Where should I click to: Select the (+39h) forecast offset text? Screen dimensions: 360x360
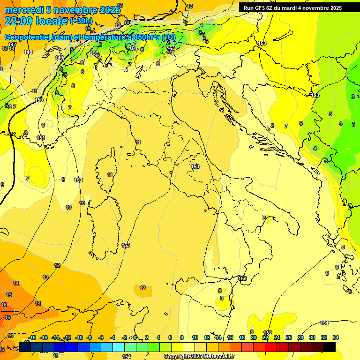(x=82, y=21)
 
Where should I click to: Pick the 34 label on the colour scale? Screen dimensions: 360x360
(x=335, y=337)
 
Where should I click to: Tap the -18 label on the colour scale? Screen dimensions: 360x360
(x=32, y=337)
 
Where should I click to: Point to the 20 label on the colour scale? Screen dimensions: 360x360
(x=253, y=337)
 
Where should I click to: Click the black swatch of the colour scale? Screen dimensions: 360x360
(x=330, y=347)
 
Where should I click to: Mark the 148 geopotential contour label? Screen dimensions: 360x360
(x=28, y=52)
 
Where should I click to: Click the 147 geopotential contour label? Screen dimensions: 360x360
(x=12, y=45)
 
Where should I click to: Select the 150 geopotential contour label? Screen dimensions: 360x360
(x=39, y=100)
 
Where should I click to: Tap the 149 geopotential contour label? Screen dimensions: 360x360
(x=59, y=58)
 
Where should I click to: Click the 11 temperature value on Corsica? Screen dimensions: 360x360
(x=110, y=175)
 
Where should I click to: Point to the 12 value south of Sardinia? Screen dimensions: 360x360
(x=142, y=288)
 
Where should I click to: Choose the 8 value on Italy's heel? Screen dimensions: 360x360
(x=264, y=218)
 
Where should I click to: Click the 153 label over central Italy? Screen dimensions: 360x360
(x=195, y=166)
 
